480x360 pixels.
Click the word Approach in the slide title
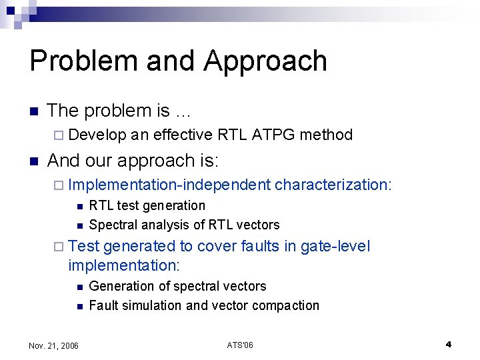265,61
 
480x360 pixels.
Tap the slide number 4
449,344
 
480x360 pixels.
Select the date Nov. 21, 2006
54,345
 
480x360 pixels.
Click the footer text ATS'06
240,345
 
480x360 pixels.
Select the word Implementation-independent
169,185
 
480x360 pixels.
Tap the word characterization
333,185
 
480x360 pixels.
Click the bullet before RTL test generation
79,206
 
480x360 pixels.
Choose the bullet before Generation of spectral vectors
79,287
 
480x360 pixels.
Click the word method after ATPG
326,135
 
